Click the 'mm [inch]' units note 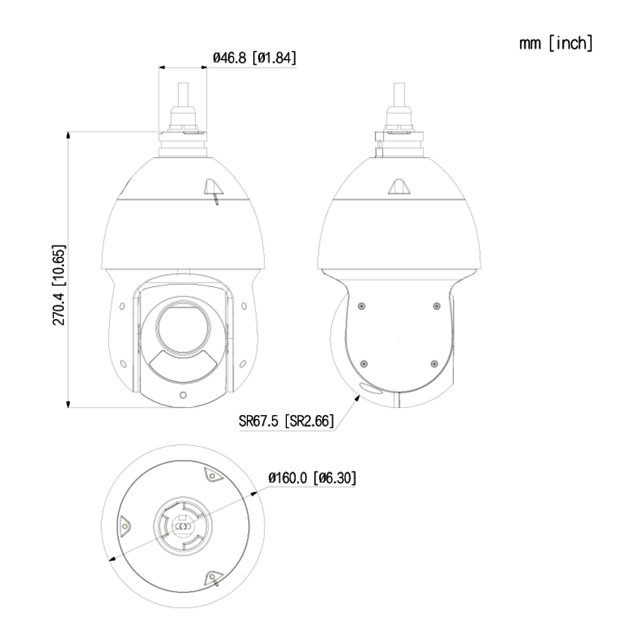(x=555, y=45)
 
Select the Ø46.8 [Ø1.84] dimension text (x=254, y=58)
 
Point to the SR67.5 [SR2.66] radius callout (x=286, y=420)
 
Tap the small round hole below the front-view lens (x=182, y=395)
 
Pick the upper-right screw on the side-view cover (x=436, y=306)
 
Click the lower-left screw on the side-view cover (x=362, y=364)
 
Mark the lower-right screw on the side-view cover (x=435, y=364)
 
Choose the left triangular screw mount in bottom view (x=125, y=525)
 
